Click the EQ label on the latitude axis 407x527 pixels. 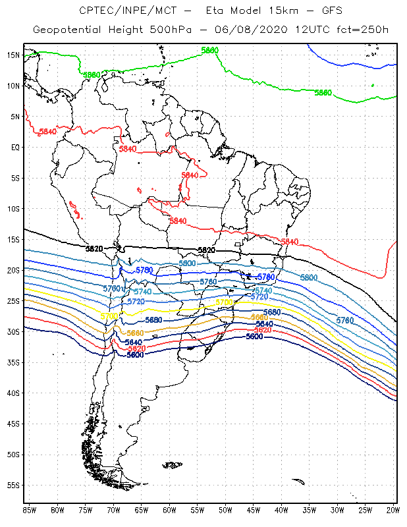click(x=14, y=147)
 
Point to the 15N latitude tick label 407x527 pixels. click(x=13, y=55)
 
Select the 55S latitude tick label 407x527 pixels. click(x=13, y=485)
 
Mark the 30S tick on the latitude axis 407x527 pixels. click(x=13, y=331)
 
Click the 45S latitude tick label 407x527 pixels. click(x=13, y=424)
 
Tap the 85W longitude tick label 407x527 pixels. click(x=29, y=510)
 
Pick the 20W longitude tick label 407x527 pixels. click(x=393, y=510)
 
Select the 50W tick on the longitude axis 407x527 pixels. click(x=225, y=510)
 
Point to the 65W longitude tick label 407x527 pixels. click(x=141, y=510)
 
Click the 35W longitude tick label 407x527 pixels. click(x=309, y=510)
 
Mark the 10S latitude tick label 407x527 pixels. click(x=13, y=208)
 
